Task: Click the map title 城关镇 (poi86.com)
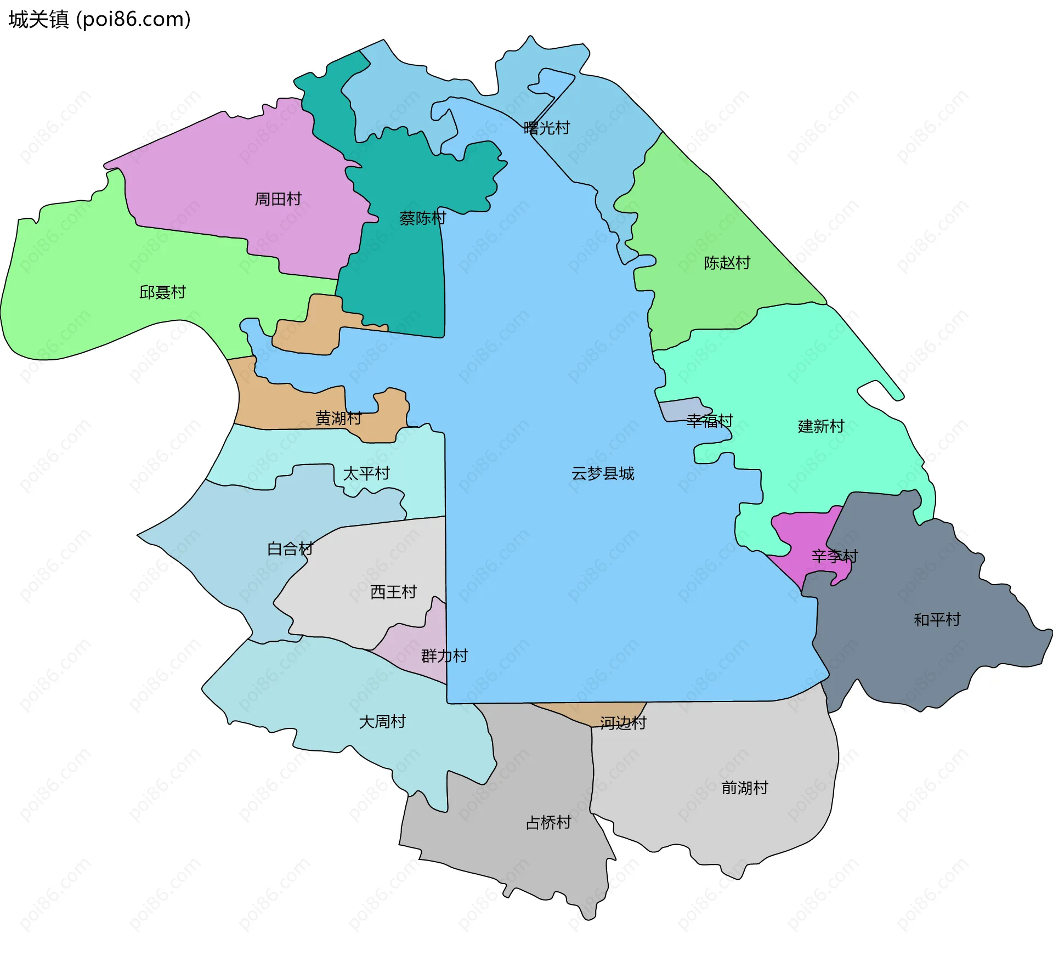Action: coord(99,19)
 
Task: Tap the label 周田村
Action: coord(278,199)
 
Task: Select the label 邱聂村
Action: coord(162,292)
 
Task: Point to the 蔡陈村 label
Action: coord(422,218)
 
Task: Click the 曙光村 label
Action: coord(547,128)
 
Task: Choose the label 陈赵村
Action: coord(727,263)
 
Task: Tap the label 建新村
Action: coord(821,426)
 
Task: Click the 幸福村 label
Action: coord(710,421)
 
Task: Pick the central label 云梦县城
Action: coord(603,473)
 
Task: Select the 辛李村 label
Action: coord(834,556)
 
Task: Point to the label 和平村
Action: coord(937,620)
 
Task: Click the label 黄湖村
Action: coord(338,418)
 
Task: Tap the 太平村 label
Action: coord(366,473)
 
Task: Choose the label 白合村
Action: coord(290,548)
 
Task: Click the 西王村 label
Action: coord(393,592)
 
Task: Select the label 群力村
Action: coord(444,655)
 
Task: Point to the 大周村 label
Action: coord(382,721)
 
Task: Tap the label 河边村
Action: coord(623,723)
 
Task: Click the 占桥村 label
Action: coord(548,822)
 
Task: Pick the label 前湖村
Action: coord(745,788)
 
